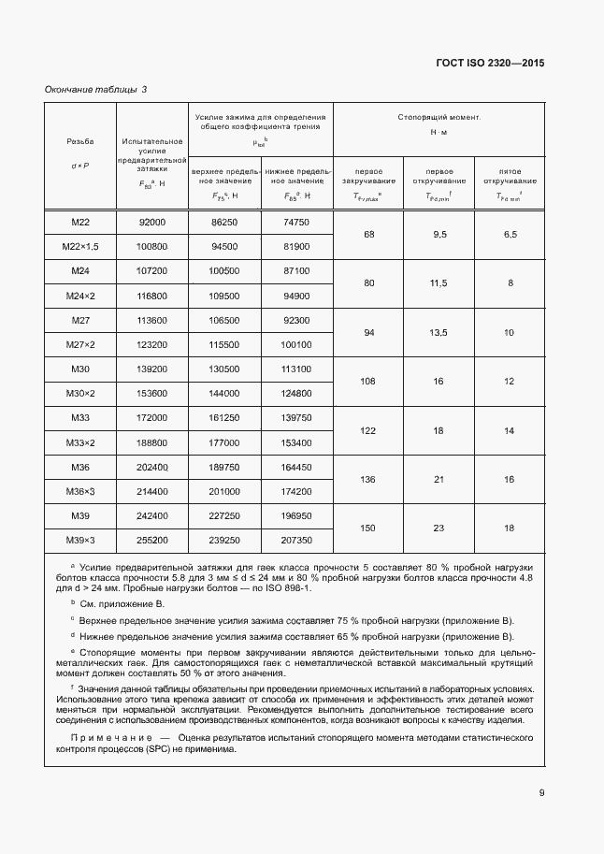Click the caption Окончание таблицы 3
[96, 90]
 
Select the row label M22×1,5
[79, 247]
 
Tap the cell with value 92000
[151, 222]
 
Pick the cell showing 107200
[151, 271]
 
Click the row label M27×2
[79, 345]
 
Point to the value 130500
[224, 369]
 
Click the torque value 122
[367, 430]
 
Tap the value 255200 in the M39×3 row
[151, 541]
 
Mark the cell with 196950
[295, 516]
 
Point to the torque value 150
[367, 528]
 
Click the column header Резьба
[79, 142]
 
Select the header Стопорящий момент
[439, 119]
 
